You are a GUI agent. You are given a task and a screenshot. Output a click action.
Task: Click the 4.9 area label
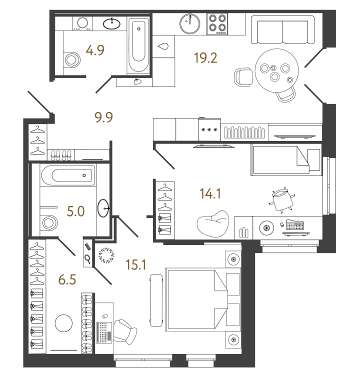[94, 50]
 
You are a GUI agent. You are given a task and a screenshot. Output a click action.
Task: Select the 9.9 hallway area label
[104, 117]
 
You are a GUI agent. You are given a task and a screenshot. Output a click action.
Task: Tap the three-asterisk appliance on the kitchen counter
[209, 130]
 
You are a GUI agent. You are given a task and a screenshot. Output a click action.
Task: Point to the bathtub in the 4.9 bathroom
[138, 45]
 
